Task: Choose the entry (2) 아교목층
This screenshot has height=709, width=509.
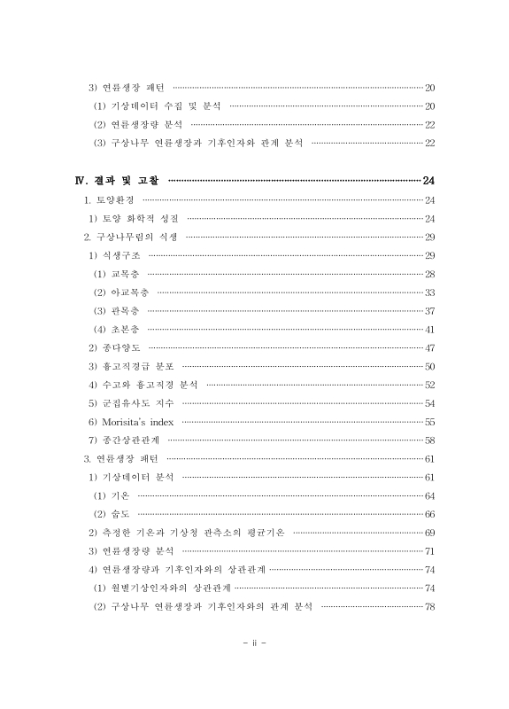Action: [120, 292]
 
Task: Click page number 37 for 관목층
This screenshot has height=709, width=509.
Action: [429, 311]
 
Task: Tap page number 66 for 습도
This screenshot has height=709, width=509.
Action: [429, 514]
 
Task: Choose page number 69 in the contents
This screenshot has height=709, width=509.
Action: [429, 533]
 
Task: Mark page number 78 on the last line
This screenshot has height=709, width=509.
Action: [429, 606]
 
